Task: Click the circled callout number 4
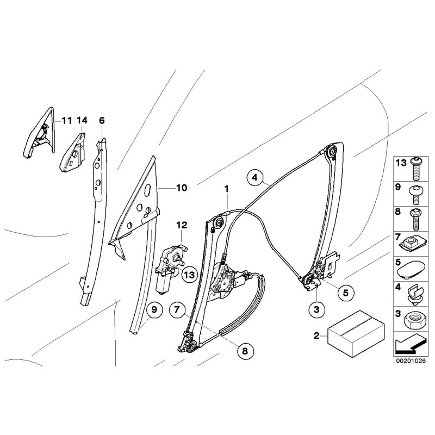click(x=254, y=177)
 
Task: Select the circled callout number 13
click(x=189, y=275)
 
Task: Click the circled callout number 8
click(x=244, y=351)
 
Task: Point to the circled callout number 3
click(x=317, y=309)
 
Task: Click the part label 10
click(x=181, y=188)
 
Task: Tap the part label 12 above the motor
click(x=181, y=225)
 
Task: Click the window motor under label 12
click(x=169, y=263)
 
